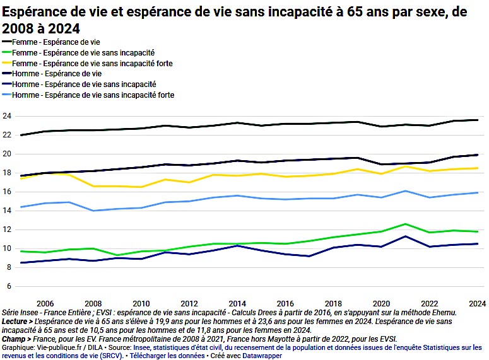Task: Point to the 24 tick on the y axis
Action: pos(7,116)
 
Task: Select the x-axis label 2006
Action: pos(45,302)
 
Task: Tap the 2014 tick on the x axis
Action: pos(237,302)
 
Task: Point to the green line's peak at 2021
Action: pos(405,224)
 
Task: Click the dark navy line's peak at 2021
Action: pos(405,236)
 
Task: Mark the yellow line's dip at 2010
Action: pos(141,187)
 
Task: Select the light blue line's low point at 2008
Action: pos(93,211)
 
